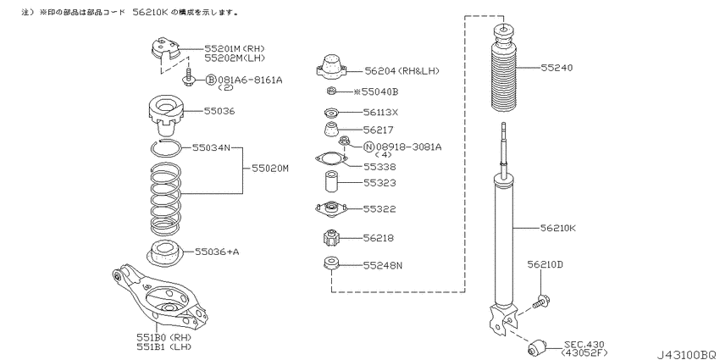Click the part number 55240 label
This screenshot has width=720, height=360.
(x=557, y=68)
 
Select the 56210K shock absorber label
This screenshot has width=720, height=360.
(x=558, y=227)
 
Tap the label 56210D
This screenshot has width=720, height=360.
(x=545, y=264)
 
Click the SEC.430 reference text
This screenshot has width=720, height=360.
(x=584, y=344)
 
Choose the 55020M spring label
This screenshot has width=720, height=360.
(x=270, y=169)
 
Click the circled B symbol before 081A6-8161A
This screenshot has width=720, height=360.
(x=210, y=80)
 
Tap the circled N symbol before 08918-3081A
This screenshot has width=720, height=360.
(x=368, y=147)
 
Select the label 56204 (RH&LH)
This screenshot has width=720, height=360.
(x=402, y=70)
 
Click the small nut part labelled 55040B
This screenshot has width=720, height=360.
(x=330, y=91)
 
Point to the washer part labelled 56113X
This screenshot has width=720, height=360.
(x=330, y=112)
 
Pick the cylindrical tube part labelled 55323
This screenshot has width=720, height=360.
(x=331, y=182)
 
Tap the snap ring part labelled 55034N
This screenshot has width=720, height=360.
(x=166, y=149)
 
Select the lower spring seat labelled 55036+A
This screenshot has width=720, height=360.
(x=164, y=253)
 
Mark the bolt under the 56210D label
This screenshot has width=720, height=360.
(x=542, y=302)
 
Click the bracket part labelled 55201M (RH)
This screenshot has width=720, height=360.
(x=164, y=50)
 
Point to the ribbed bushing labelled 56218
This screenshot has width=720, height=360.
(x=331, y=238)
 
